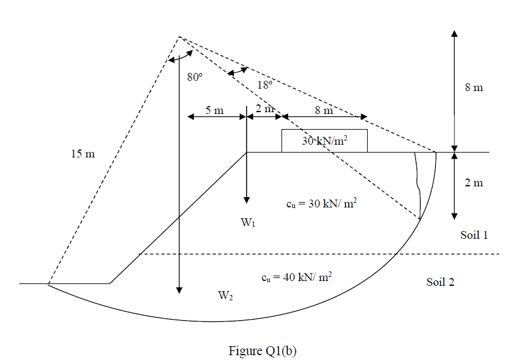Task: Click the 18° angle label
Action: (x=265, y=85)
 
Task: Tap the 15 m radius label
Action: (x=83, y=154)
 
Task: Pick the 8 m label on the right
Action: (x=474, y=87)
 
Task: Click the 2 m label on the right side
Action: (x=474, y=183)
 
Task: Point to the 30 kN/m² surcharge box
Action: (x=324, y=141)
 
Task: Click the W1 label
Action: (x=248, y=223)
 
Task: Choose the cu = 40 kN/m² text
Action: (x=297, y=277)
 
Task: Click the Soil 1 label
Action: (x=474, y=235)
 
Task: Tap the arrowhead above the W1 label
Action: (x=247, y=201)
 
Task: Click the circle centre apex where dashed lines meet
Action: (x=178, y=37)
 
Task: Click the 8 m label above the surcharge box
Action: (x=323, y=110)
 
